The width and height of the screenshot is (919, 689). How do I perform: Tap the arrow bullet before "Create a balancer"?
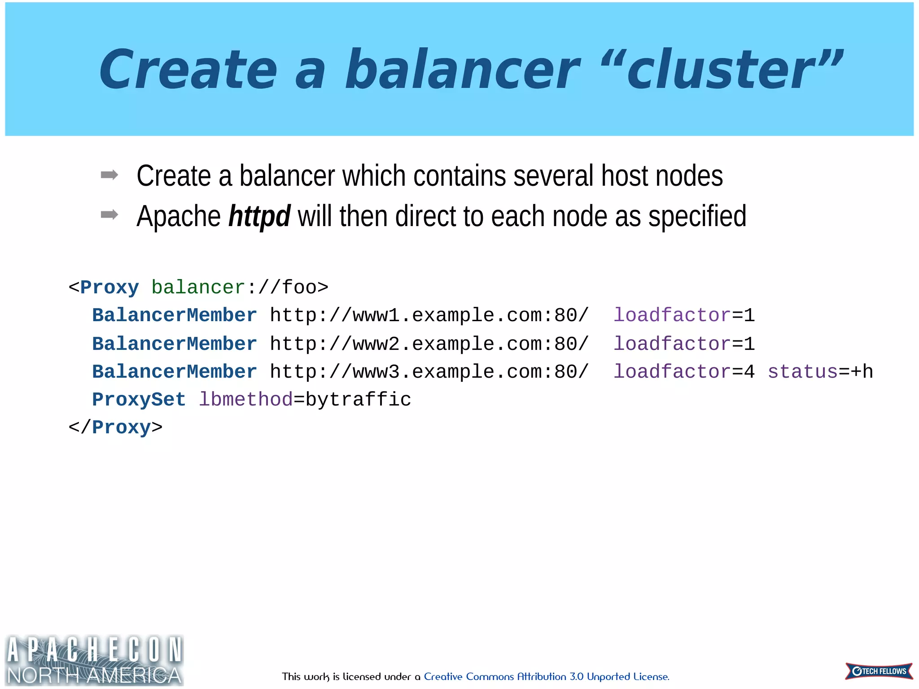point(109,175)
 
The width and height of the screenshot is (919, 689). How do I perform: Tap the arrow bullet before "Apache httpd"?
point(109,215)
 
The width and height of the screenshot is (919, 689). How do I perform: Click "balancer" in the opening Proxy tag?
point(198,287)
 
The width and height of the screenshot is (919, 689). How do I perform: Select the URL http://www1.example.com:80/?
point(429,315)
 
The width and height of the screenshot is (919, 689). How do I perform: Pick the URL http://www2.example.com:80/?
point(429,344)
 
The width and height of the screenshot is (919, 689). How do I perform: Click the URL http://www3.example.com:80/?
point(429,372)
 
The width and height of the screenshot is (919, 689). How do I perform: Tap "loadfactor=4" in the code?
point(684,372)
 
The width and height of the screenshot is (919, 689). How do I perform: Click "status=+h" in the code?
point(820,372)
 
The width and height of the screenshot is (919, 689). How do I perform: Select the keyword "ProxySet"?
point(139,400)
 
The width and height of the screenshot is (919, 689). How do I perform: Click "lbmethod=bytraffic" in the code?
point(305,400)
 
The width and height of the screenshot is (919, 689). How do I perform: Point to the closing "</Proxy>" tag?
point(115,427)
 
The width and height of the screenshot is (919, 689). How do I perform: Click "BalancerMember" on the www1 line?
point(175,315)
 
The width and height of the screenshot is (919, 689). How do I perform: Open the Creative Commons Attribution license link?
point(546,676)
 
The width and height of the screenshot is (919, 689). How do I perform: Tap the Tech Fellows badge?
point(879,671)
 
